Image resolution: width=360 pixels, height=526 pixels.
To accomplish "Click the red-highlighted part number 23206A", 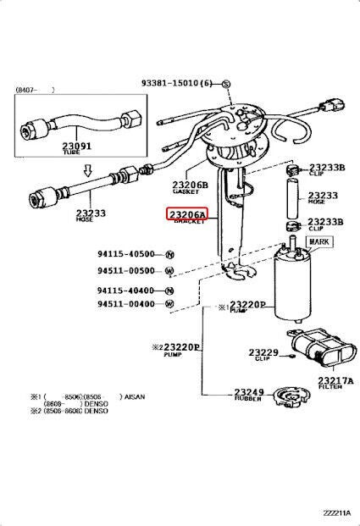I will point(186,215).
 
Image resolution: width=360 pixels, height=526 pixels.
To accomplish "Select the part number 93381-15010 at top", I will point(180,83).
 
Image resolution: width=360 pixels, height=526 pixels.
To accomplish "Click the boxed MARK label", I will point(320,242).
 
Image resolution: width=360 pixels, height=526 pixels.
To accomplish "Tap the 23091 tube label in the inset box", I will point(77,146).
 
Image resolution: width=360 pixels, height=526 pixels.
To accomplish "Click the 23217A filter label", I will point(335,380).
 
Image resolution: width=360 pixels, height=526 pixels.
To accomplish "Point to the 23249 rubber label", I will point(249,393).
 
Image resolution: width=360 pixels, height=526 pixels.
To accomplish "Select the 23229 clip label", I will point(263,352).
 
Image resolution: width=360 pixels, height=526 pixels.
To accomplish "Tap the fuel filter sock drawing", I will point(321,348).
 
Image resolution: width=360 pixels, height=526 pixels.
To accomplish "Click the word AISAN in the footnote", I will point(135,396).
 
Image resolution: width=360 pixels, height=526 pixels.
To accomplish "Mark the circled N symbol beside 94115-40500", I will point(169,254).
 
